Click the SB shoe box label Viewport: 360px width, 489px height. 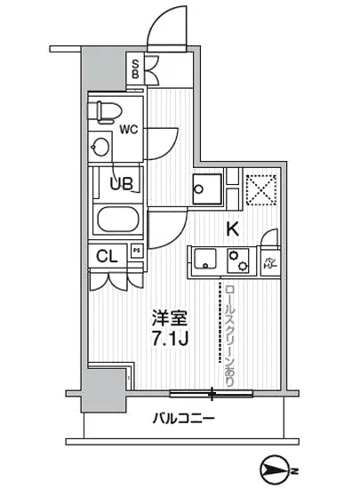coord(135,68)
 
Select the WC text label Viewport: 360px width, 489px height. coord(128,129)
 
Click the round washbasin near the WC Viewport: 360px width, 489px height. coord(100,146)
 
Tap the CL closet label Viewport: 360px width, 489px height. coord(108,256)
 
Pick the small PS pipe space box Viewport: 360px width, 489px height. coord(137,252)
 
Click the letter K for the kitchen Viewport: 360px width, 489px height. coord(233,228)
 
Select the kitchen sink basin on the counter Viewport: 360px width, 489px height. coord(204,260)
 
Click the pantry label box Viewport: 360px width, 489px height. coord(268,261)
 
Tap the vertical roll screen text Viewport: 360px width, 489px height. coord(230,333)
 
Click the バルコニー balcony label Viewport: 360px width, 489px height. coord(181,417)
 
